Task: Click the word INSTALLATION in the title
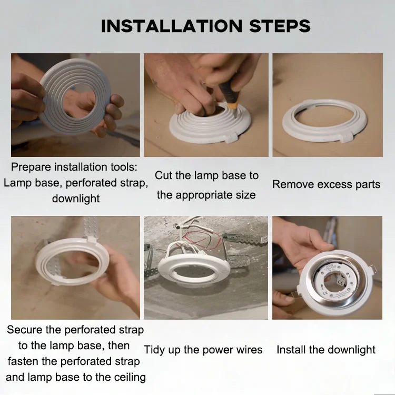172,26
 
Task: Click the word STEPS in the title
280,26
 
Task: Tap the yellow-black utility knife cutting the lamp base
230,99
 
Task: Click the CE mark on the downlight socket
342,283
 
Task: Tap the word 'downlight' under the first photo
76,199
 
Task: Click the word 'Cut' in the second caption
164,175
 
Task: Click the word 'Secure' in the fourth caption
24,330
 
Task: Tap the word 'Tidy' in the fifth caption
154,350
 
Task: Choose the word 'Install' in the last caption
291,350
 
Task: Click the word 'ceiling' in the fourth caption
130,378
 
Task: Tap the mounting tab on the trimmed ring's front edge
345,137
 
